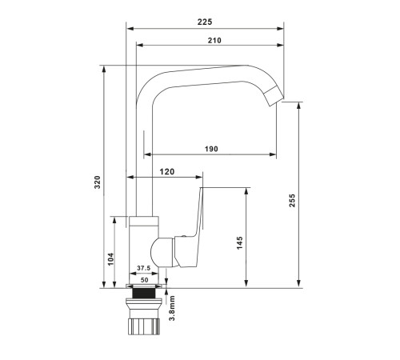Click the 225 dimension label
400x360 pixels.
[205, 22]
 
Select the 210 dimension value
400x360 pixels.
[214, 40]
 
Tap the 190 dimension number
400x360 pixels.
[211, 149]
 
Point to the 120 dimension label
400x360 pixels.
[167, 172]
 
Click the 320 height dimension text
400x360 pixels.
[98, 182]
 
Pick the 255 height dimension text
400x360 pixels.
[292, 201]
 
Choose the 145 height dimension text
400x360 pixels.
[240, 243]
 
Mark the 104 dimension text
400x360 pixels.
[110, 259]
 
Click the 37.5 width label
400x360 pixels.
[144, 268]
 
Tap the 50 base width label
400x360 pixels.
[144, 280]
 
